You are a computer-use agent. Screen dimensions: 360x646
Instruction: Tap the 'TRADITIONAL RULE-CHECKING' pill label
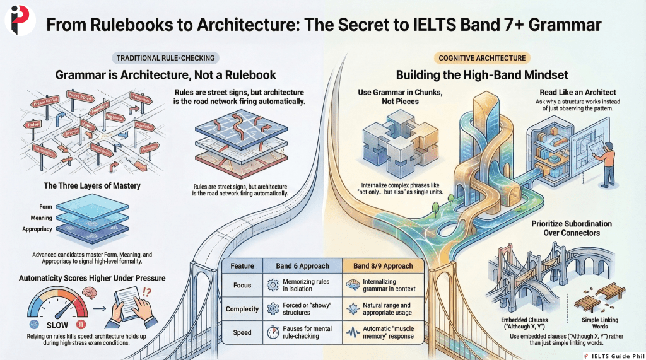coord(165,58)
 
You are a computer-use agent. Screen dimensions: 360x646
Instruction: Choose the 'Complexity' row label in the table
coord(242,309)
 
